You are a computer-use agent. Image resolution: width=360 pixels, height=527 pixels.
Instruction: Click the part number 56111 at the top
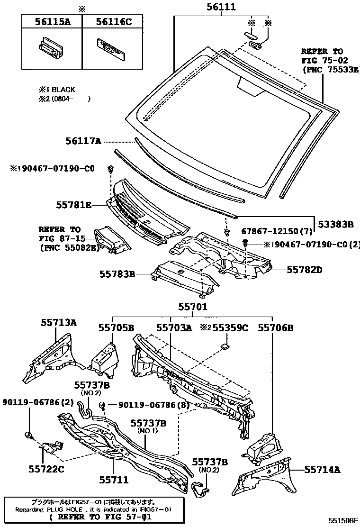pos(221,7)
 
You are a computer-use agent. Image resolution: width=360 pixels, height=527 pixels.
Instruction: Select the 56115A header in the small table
pos(51,21)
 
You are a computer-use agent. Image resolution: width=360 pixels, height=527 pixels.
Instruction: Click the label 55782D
pos(304,270)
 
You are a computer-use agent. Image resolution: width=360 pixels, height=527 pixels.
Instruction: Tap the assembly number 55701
pos(193,307)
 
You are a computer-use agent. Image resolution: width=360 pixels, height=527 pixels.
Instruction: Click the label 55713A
pos(58,323)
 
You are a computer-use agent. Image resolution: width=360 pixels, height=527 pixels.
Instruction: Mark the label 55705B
pos(116,327)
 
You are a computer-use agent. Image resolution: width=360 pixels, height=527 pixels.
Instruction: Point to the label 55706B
pos(275,327)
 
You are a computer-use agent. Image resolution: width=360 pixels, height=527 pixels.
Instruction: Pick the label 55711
pos(114,480)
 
